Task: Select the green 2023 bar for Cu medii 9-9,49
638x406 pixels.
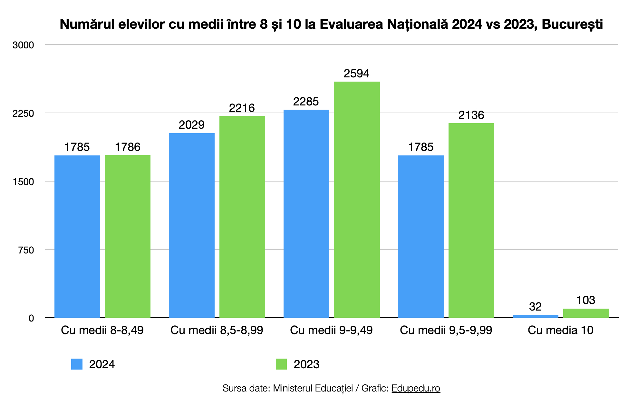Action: tap(357, 200)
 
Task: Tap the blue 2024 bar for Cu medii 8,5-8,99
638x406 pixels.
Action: tap(192, 225)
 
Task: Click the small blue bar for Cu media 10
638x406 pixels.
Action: tap(535, 316)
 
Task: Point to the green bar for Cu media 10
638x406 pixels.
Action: tap(586, 313)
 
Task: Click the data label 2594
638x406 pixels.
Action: tap(356, 74)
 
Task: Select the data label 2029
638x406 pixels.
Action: tap(192, 125)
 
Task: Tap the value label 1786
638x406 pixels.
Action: tap(128, 147)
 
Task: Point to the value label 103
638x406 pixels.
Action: tap(585, 300)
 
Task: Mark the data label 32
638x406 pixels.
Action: tap(535, 307)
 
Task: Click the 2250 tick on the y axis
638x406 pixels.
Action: tap(23, 114)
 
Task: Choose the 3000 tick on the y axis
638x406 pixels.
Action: tap(23, 45)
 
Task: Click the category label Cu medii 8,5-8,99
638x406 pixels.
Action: tap(217, 330)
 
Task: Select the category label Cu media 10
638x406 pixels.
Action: tap(560, 330)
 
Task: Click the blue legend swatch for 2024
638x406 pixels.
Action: tap(77, 364)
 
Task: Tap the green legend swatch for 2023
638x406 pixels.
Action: tap(281, 364)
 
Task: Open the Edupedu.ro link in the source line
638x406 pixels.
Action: tap(416, 388)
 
